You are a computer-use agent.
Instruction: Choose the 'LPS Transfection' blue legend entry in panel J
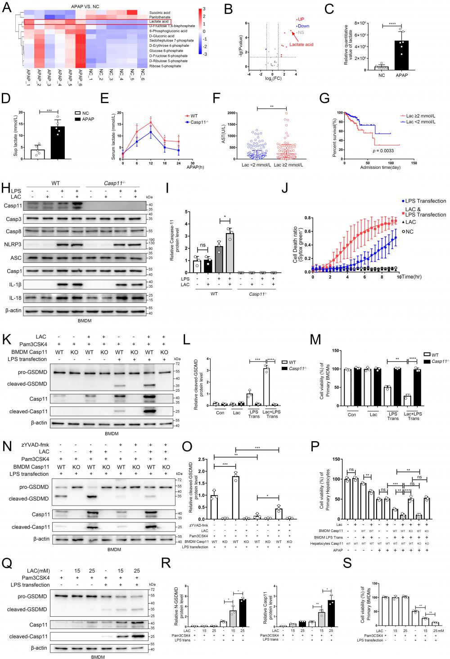point(425,201)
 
